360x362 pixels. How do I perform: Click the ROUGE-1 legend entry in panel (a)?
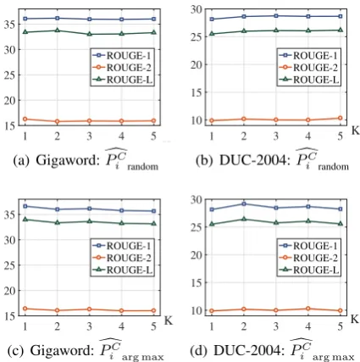[122, 55]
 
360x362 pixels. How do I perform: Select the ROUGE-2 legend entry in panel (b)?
[308, 68]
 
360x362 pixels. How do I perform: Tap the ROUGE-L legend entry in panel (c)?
[123, 270]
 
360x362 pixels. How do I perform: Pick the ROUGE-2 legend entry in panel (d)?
[308, 258]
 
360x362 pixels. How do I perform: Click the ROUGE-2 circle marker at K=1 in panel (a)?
[25, 119]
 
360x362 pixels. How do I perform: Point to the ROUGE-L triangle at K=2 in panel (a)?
[58, 30]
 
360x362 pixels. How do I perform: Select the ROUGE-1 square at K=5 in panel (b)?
[341, 16]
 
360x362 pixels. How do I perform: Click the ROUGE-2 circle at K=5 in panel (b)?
[341, 118]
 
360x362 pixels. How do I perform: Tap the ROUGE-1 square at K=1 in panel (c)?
[25, 206]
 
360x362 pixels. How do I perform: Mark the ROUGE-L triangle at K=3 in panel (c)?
[90, 221]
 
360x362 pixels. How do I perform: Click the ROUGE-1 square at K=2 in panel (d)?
[244, 203]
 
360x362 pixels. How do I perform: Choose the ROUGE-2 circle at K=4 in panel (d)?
[308, 309]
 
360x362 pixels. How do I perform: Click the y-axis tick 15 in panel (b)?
[197, 92]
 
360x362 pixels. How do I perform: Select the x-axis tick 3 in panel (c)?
[90, 326]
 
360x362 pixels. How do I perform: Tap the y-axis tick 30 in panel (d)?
[197, 199]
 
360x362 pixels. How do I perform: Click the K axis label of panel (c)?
[169, 321]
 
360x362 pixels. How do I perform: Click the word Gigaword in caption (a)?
[67, 160]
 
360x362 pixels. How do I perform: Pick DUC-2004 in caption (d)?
[247, 350]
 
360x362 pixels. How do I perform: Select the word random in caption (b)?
[334, 166]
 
